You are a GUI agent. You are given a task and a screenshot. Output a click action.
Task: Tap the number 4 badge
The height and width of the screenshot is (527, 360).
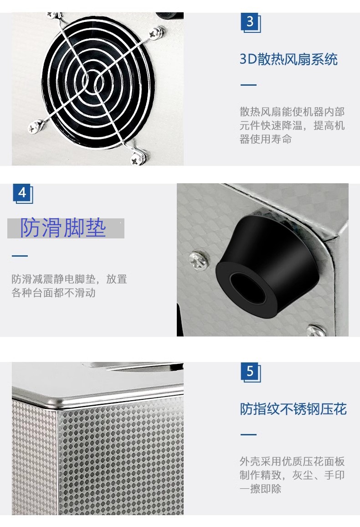22,193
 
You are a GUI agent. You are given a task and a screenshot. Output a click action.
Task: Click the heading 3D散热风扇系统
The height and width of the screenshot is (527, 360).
288,59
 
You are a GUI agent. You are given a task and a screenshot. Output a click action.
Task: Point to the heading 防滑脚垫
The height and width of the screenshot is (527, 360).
63,228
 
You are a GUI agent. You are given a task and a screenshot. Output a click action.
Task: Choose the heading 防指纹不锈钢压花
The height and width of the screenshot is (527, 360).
293,409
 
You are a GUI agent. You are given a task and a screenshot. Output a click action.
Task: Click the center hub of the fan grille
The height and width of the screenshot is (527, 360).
91,81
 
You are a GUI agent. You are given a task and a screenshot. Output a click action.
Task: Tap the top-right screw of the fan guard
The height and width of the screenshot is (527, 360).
156,33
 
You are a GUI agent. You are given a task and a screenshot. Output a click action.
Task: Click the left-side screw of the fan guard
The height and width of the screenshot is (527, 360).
35,127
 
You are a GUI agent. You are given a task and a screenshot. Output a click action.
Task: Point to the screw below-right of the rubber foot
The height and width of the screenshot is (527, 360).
316,331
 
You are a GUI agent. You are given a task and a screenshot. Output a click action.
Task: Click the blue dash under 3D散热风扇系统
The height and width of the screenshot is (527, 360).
248,85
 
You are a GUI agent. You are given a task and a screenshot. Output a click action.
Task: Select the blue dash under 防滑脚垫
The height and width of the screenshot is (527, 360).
20,256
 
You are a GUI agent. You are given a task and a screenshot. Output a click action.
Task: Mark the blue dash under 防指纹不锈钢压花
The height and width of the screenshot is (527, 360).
248,434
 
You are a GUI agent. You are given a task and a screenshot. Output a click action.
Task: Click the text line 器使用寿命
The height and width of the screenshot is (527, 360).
266,139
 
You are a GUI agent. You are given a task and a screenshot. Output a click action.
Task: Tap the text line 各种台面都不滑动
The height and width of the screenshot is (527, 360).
54,293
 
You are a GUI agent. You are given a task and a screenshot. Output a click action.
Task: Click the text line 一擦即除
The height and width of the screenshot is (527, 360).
261,489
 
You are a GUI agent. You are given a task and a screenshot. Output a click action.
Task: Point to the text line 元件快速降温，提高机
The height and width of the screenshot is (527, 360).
292,125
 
